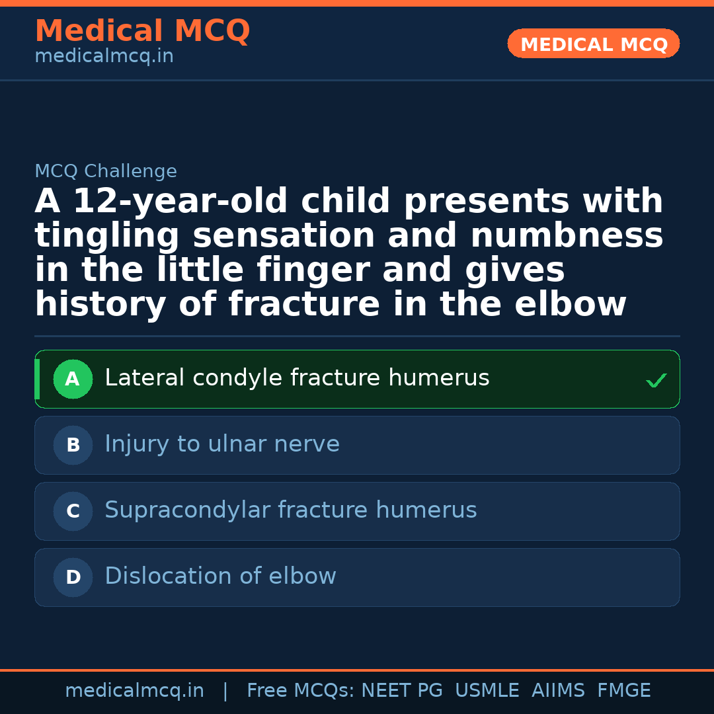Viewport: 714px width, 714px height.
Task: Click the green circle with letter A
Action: click(x=73, y=379)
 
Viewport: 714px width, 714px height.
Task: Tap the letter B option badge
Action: click(x=73, y=446)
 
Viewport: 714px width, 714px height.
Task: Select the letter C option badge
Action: click(x=73, y=512)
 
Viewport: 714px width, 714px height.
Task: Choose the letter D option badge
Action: click(x=73, y=578)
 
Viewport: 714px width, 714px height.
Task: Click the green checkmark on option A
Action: click(x=656, y=381)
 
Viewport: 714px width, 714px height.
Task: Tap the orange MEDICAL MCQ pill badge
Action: click(x=593, y=44)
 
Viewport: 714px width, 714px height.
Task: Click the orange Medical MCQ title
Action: click(x=142, y=31)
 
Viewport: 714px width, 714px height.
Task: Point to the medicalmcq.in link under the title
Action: click(x=104, y=57)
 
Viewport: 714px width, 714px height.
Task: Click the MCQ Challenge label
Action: click(x=106, y=172)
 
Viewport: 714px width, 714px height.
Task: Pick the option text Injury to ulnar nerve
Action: click(x=222, y=444)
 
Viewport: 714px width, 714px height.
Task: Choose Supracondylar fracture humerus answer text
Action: click(x=291, y=510)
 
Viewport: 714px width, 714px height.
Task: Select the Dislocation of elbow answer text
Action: click(x=220, y=576)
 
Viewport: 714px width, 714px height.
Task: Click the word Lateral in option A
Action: click(x=144, y=378)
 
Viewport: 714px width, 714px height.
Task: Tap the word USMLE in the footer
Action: click(x=487, y=691)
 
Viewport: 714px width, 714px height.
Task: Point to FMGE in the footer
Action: click(x=623, y=691)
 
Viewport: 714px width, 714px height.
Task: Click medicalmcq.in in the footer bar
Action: click(x=134, y=691)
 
